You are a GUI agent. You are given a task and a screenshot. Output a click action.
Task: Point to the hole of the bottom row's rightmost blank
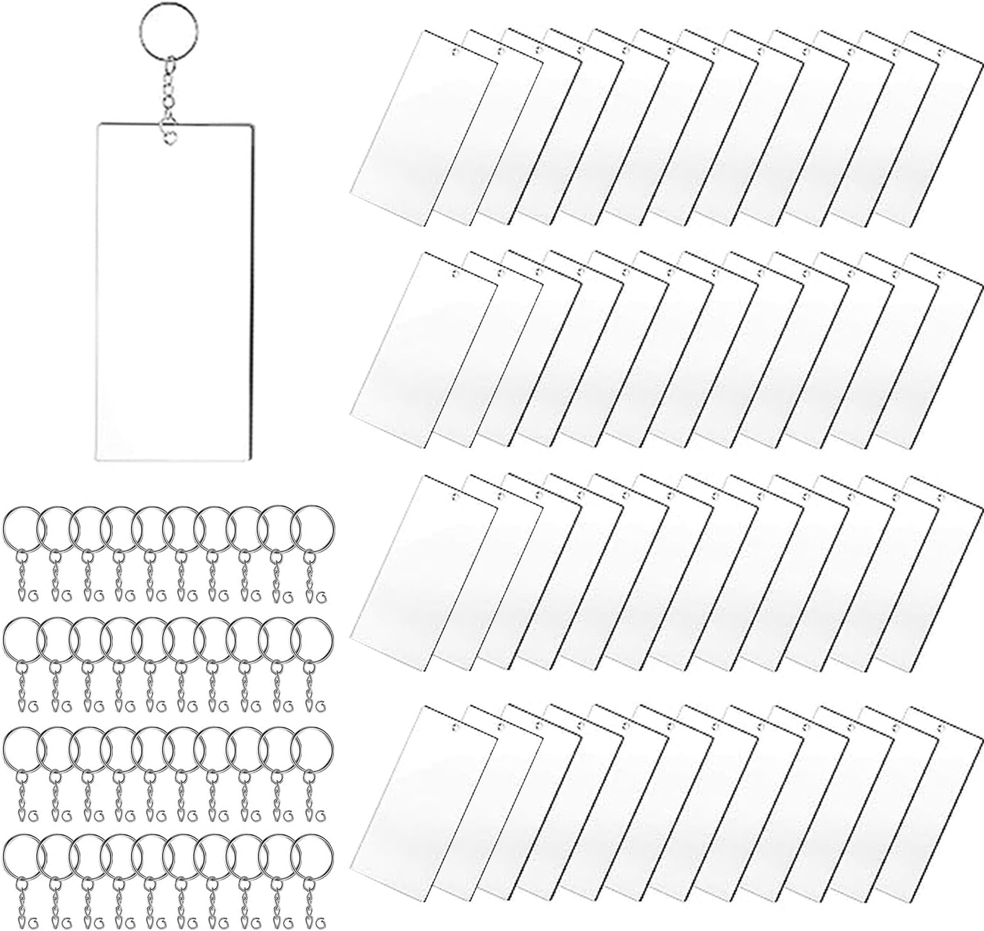[x=942, y=728]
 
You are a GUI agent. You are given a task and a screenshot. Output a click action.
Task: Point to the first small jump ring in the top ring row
[x=34, y=595]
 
